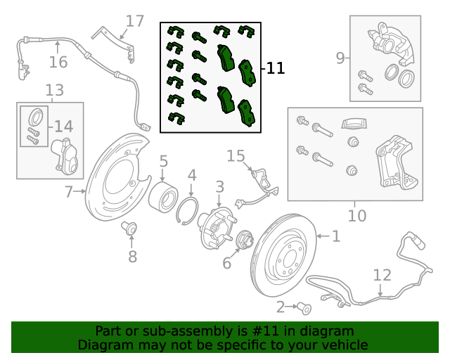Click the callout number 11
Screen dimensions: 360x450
coord(276,68)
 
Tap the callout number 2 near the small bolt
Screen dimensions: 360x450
coord(281,307)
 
